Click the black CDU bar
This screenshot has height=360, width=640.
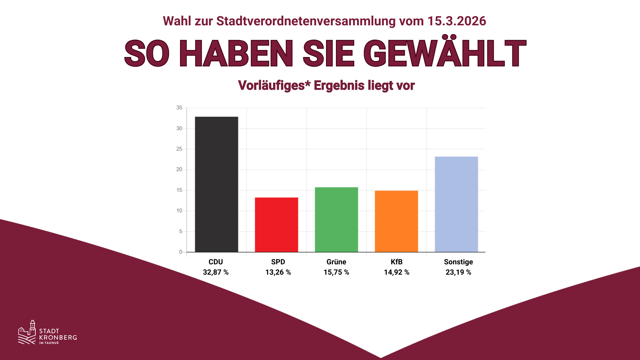pyautogui.click(x=216, y=184)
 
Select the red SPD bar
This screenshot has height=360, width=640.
pyautogui.click(x=276, y=225)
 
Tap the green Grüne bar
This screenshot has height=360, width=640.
pyautogui.click(x=336, y=220)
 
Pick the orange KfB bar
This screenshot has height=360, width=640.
pyautogui.click(x=396, y=221)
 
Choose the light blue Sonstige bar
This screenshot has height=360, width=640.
pyautogui.click(x=456, y=204)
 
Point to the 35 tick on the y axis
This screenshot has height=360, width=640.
pyautogui.click(x=179, y=108)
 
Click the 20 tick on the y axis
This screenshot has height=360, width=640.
pyautogui.click(x=179, y=169)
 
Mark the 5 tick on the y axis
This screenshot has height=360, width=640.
pyautogui.click(x=181, y=231)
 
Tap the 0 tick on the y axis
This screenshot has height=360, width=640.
pyautogui.click(x=181, y=252)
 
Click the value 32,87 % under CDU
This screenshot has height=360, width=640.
pyautogui.click(x=216, y=272)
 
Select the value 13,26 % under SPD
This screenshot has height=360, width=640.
pyautogui.click(x=278, y=272)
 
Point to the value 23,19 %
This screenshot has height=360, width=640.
pyautogui.click(x=458, y=272)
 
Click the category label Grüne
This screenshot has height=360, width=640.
pyautogui.click(x=336, y=262)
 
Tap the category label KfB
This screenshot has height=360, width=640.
pyautogui.click(x=396, y=262)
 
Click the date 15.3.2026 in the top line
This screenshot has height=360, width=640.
pyautogui.click(x=456, y=21)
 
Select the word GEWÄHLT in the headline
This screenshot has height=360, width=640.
pyautogui.click(x=445, y=53)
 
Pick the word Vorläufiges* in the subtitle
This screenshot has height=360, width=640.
pyautogui.click(x=274, y=86)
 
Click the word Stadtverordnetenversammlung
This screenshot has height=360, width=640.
pyautogui.click(x=306, y=21)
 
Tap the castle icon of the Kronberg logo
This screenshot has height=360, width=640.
pyautogui.click(x=27, y=332)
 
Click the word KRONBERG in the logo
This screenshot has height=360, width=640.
pyautogui.click(x=58, y=337)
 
